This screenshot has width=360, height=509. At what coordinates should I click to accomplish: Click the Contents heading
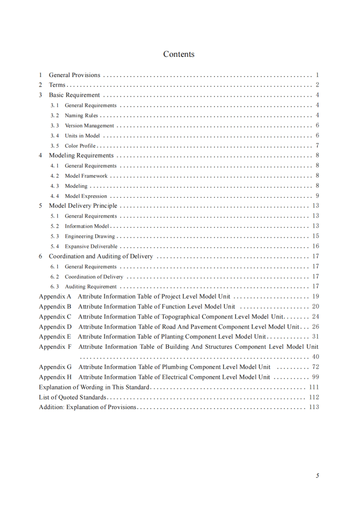(178, 54)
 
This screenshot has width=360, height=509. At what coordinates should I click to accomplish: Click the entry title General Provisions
(75, 75)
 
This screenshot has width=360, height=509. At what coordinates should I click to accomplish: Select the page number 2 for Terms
(317, 85)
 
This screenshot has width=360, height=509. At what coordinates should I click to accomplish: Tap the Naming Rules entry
(81, 116)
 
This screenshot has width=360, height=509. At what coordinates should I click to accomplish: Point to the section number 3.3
(55, 126)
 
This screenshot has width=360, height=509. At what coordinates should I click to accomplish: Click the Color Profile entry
(80, 146)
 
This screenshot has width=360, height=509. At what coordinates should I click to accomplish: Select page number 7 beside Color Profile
(317, 146)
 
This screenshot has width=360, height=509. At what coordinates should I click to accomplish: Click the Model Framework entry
(86, 176)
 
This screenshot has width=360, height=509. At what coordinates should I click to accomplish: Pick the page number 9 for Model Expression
(317, 196)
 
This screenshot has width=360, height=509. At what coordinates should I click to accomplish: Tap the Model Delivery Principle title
(83, 206)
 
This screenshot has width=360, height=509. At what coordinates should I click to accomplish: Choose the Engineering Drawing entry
(90, 236)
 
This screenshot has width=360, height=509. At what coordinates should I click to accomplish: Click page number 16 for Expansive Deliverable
(315, 246)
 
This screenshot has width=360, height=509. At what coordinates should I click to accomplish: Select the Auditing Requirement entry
(91, 287)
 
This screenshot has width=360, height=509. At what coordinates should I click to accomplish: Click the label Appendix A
(55, 297)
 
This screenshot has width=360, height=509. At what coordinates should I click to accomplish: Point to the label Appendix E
(55, 337)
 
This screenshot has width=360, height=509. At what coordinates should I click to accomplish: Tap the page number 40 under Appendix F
(315, 357)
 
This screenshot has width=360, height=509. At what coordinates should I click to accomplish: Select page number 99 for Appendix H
(315, 377)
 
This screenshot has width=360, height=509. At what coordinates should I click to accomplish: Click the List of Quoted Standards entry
(73, 397)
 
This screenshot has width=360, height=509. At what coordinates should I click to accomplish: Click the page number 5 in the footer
(317, 476)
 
